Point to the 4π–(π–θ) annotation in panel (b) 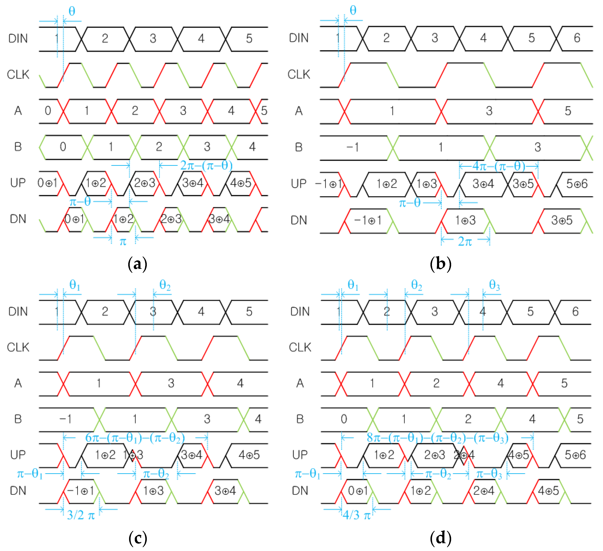pyautogui.click(x=499, y=166)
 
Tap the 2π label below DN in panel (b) pyautogui.click(x=465, y=241)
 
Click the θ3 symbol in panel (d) pyautogui.click(x=494, y=285)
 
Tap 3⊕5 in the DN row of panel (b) pyautogui.click(x=562, y=221)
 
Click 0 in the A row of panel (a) pyautogui.click(x=48, y=111)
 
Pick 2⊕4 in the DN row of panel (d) pyautogui.click(x=484, y=491)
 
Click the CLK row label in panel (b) pyautogui.click(x=299, y=74)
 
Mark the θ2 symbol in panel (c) pyautogui.click(x=165, y=285)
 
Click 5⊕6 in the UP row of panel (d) pyautogui.click(x=575, y=455)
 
